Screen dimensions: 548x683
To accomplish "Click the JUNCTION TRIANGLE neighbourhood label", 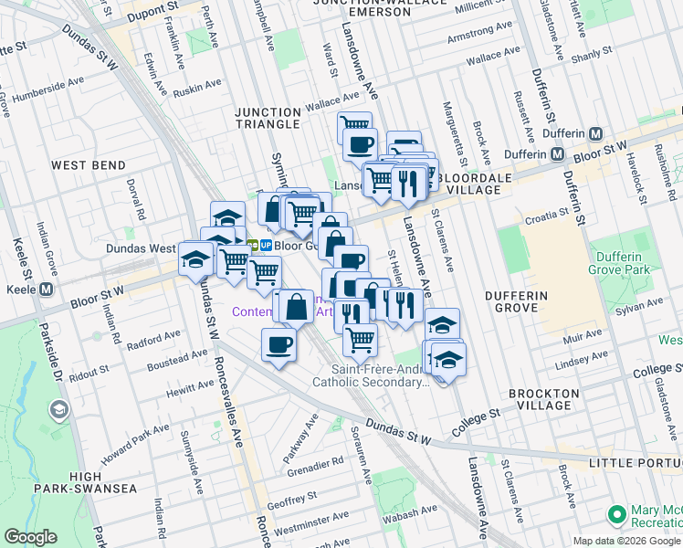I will point(267,118).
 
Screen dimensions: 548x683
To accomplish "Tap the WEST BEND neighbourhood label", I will point(89,165).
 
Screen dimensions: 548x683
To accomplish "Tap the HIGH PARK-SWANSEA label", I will point(85,482).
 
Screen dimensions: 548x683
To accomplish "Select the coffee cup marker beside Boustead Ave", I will point(279,345).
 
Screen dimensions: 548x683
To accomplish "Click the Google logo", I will point(31,537).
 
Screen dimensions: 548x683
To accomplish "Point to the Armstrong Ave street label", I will point(479,39).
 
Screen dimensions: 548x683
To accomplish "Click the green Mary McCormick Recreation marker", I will point(617,514).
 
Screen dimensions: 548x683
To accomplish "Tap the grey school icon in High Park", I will point(60,408).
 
